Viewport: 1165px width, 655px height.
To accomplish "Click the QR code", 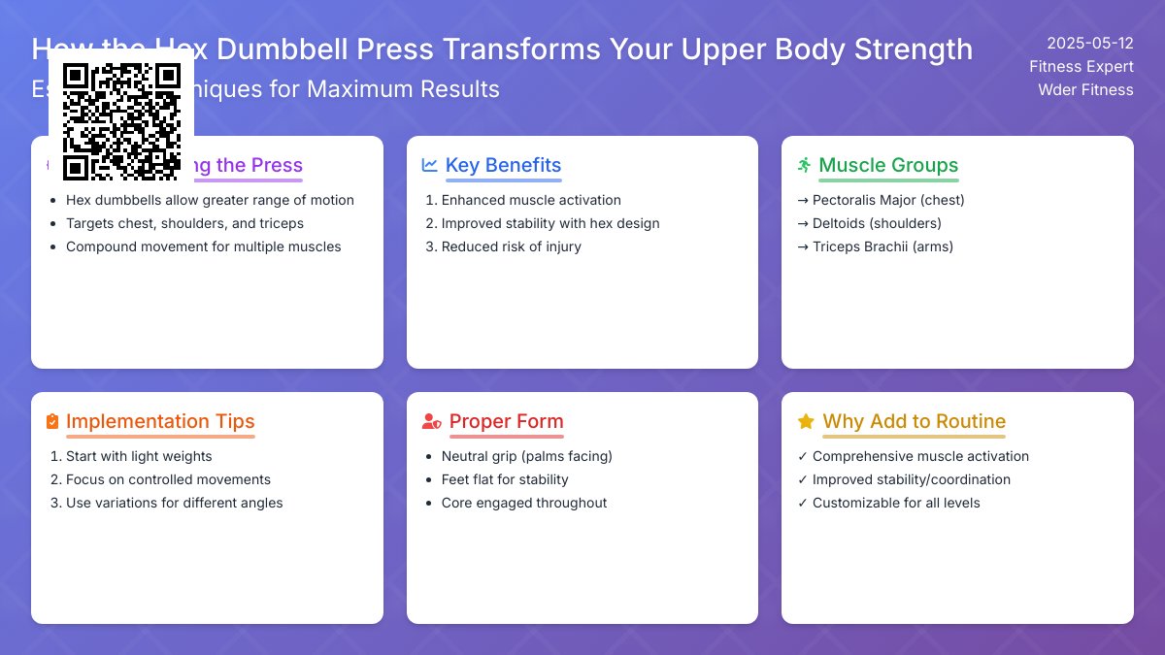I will coord(121,121).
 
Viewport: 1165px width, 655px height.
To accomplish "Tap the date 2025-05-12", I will coord(1089,43).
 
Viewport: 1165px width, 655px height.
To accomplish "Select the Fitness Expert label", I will coord(1082,66).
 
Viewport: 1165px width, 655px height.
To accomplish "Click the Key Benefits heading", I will coord(503,165).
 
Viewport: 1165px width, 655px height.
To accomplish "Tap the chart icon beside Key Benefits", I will coord(430,165).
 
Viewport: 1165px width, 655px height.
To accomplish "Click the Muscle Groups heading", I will coord(888,165).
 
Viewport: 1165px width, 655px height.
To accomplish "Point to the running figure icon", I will coord(804,165).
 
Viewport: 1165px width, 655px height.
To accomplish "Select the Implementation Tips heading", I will coord(160,421).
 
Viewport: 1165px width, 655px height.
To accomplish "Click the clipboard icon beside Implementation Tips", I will coord(52,421).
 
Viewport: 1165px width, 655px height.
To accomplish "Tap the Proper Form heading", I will coord(506,421).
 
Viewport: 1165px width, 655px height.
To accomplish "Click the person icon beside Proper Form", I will coord(431,421).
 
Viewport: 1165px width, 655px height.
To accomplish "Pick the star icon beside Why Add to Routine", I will coord(805,421).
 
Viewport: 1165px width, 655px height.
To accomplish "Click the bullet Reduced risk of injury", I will coord(511,246).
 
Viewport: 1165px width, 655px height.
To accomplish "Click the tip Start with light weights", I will coord(139,456).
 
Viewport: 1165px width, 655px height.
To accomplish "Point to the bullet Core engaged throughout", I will coord(524,503).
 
